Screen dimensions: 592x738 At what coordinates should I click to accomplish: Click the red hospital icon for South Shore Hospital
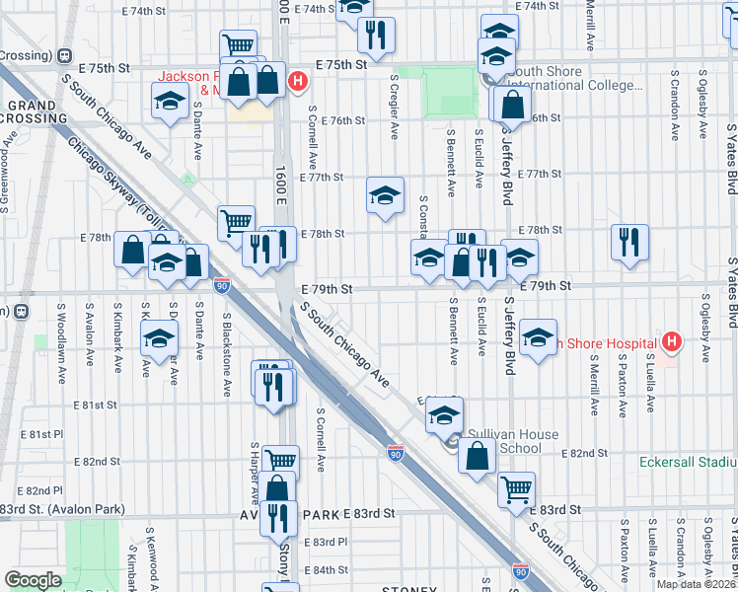coord(672,342)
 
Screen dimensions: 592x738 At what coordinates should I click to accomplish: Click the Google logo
coord(33,580)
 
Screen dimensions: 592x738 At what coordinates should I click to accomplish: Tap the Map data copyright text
coord(697,584)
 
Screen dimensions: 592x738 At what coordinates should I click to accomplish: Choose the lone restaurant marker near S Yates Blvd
coord(628,241)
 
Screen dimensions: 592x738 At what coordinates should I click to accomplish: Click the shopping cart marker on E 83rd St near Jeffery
coord(516,486)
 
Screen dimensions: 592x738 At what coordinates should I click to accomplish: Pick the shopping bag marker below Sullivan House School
coord(478,456)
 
